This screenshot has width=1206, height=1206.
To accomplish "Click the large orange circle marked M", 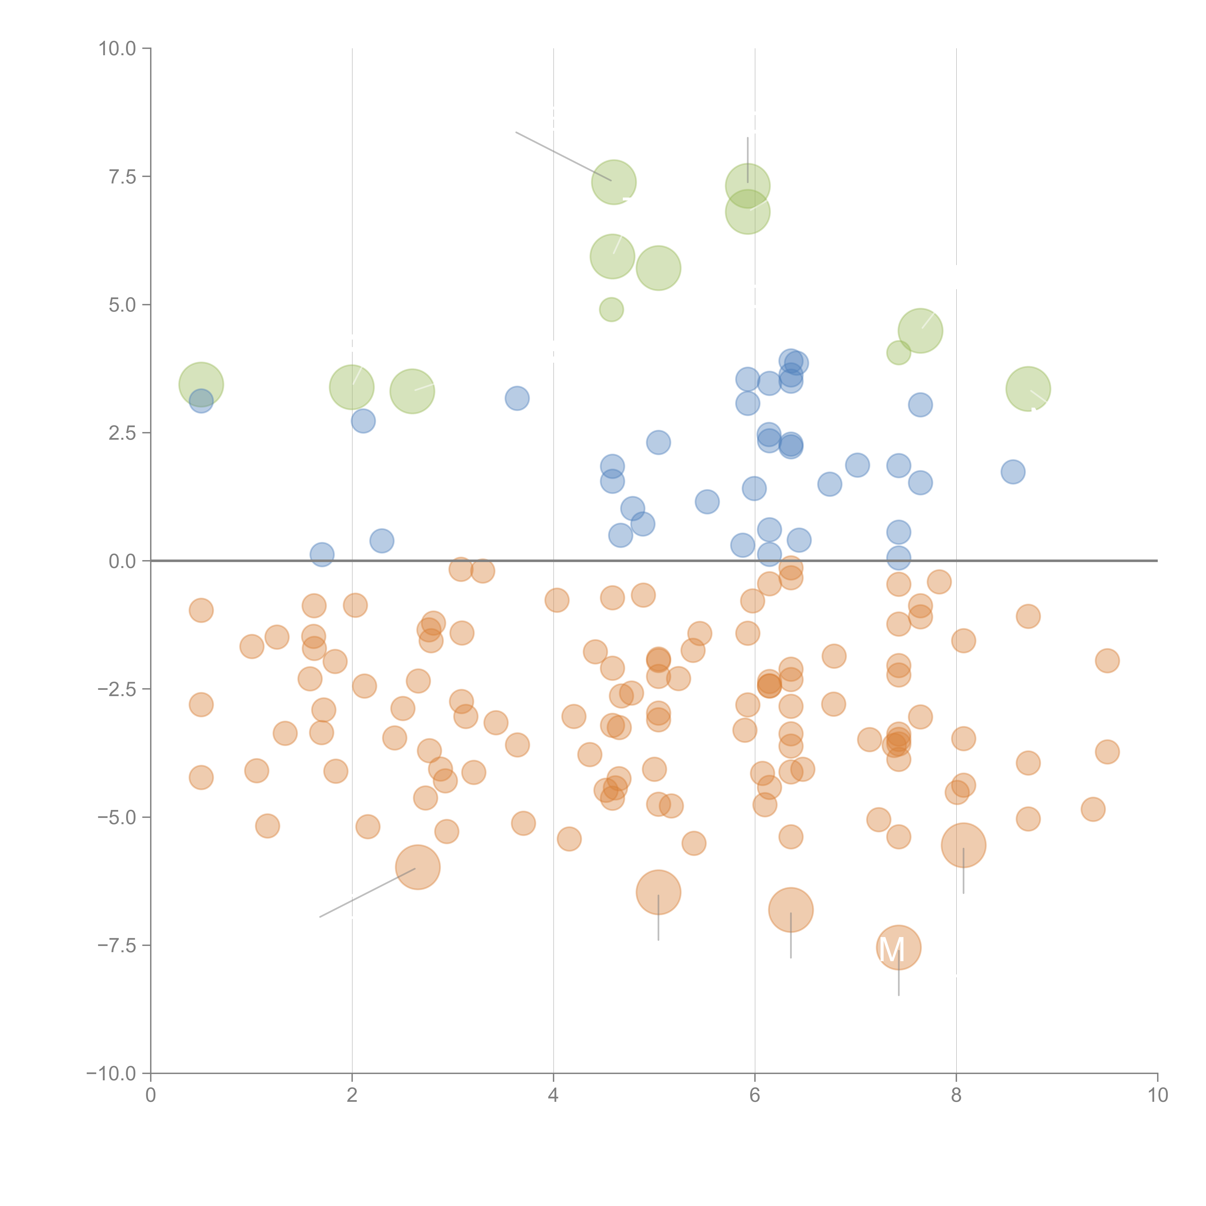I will (898, 948).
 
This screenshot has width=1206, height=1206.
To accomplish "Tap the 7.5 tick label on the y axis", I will (122, 177).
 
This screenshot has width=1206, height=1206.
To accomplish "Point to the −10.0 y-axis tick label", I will (111, 1074).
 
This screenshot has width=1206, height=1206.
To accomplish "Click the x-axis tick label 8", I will (956, 1096).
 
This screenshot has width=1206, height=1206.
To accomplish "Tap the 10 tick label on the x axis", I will (1157, 1096).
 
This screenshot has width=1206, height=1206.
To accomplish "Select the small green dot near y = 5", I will (611, 309).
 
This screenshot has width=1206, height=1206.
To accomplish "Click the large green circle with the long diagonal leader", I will (614, 182).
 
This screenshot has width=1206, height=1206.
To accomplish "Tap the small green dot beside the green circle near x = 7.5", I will (898, 353).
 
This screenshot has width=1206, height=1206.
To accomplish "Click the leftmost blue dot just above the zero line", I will (322, 554).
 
